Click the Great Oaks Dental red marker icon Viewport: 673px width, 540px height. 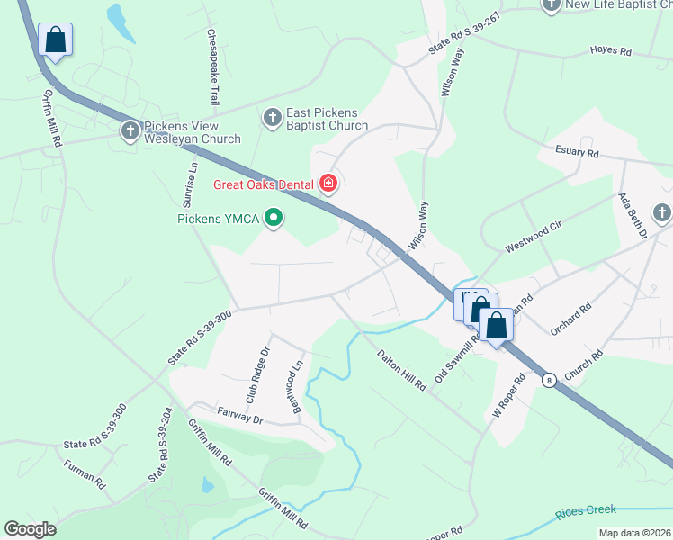(328, 185)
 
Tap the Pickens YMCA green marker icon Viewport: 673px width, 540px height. (275, 218)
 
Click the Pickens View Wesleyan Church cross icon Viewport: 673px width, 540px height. (130, 132)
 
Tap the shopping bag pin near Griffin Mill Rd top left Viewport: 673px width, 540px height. (55, 40)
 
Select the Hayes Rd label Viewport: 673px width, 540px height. (610, 51)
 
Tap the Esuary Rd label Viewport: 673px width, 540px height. (577, 154)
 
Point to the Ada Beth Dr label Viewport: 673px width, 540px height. (632, 216)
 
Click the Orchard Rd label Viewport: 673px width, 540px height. (572, 319)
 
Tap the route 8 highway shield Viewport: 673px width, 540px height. (548, 381)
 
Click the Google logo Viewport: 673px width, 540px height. (31, 529)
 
